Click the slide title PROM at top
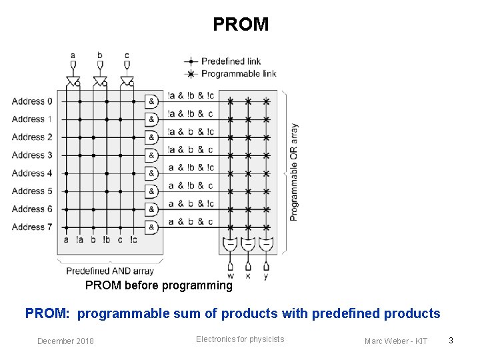tap(241, 25)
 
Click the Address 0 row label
tap(31, 101)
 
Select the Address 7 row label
tap(31, 227)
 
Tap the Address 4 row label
tap(31, 173)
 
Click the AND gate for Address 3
tap(152, 155)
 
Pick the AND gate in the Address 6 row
tap(152, 209)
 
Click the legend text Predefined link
tap(231, 61)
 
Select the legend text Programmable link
tap(238, 73)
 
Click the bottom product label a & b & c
tap(191, 221)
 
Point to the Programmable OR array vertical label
tap(294, 172)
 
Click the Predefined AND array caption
tap(109, 271)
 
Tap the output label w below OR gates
tap(230, 275)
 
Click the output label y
tap(266, 275)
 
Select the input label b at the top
tap(100, 55)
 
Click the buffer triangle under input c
tap(127, 81)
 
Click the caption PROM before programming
tap(159, 285)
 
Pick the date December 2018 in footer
tap(65, 341)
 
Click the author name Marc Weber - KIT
tap(396, 341)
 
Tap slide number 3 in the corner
tap(451, 341)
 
